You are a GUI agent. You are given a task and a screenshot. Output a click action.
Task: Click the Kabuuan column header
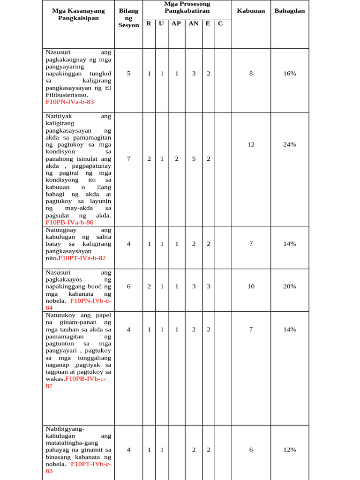point(251,11)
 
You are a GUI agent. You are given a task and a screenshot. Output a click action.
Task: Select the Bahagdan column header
point(289,11)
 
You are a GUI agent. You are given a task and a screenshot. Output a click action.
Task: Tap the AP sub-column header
point(176,23)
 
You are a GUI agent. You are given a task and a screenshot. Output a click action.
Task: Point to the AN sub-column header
point(194,23)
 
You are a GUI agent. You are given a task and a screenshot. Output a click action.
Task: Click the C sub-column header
point(220,23)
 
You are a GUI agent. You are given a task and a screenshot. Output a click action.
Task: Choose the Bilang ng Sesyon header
point(128,18)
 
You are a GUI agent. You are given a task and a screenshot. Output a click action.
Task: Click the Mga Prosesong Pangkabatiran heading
point(187,7)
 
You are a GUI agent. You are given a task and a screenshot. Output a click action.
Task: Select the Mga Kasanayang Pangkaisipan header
point(78,14)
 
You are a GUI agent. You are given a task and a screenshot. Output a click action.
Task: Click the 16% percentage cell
point(289,74)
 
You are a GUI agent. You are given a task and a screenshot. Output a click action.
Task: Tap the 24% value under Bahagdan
point(289,144)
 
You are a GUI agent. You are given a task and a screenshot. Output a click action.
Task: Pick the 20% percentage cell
point(289,286)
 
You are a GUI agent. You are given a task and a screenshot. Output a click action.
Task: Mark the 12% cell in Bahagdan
point(289,450)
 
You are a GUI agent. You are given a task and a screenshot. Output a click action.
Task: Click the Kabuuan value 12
point(251,144)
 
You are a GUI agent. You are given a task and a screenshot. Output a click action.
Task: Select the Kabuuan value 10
point(251,286)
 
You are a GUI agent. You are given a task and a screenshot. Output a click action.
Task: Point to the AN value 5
point(194,159)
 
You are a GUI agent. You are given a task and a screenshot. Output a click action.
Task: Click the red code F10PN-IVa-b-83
point(69,102)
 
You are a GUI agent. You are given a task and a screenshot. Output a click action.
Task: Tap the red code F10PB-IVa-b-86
point(69,223)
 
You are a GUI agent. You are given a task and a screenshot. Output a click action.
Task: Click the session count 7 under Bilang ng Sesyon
point(128,159)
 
